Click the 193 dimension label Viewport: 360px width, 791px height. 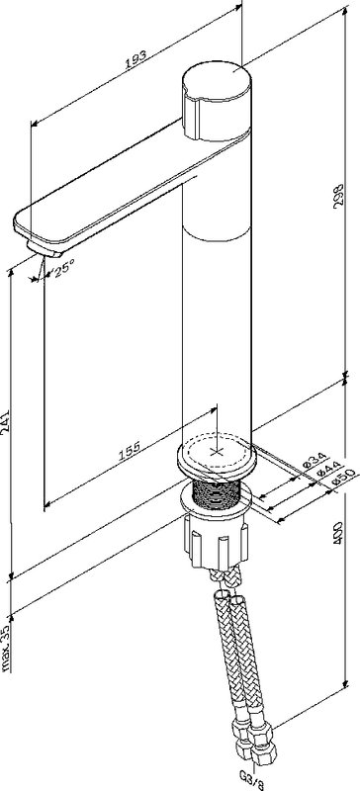(x=135, y=58)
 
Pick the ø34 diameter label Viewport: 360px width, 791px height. (x=314, y=460)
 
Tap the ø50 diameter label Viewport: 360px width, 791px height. (x=344, y=478)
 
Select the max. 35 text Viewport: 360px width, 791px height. (x=7, y=649)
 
